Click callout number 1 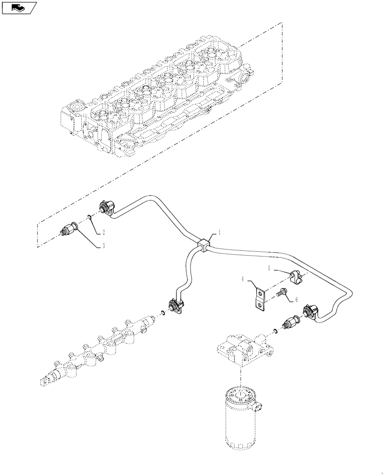pyautogui.click(x=220, y=232)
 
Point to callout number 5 pyautogui.click(x=269, y=268)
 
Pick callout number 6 pyautogui.click(x=297, y=300)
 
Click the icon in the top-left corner pyautogui.click(x=19, y=7)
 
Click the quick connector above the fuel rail pyautogui.click(x=174, y=306)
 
